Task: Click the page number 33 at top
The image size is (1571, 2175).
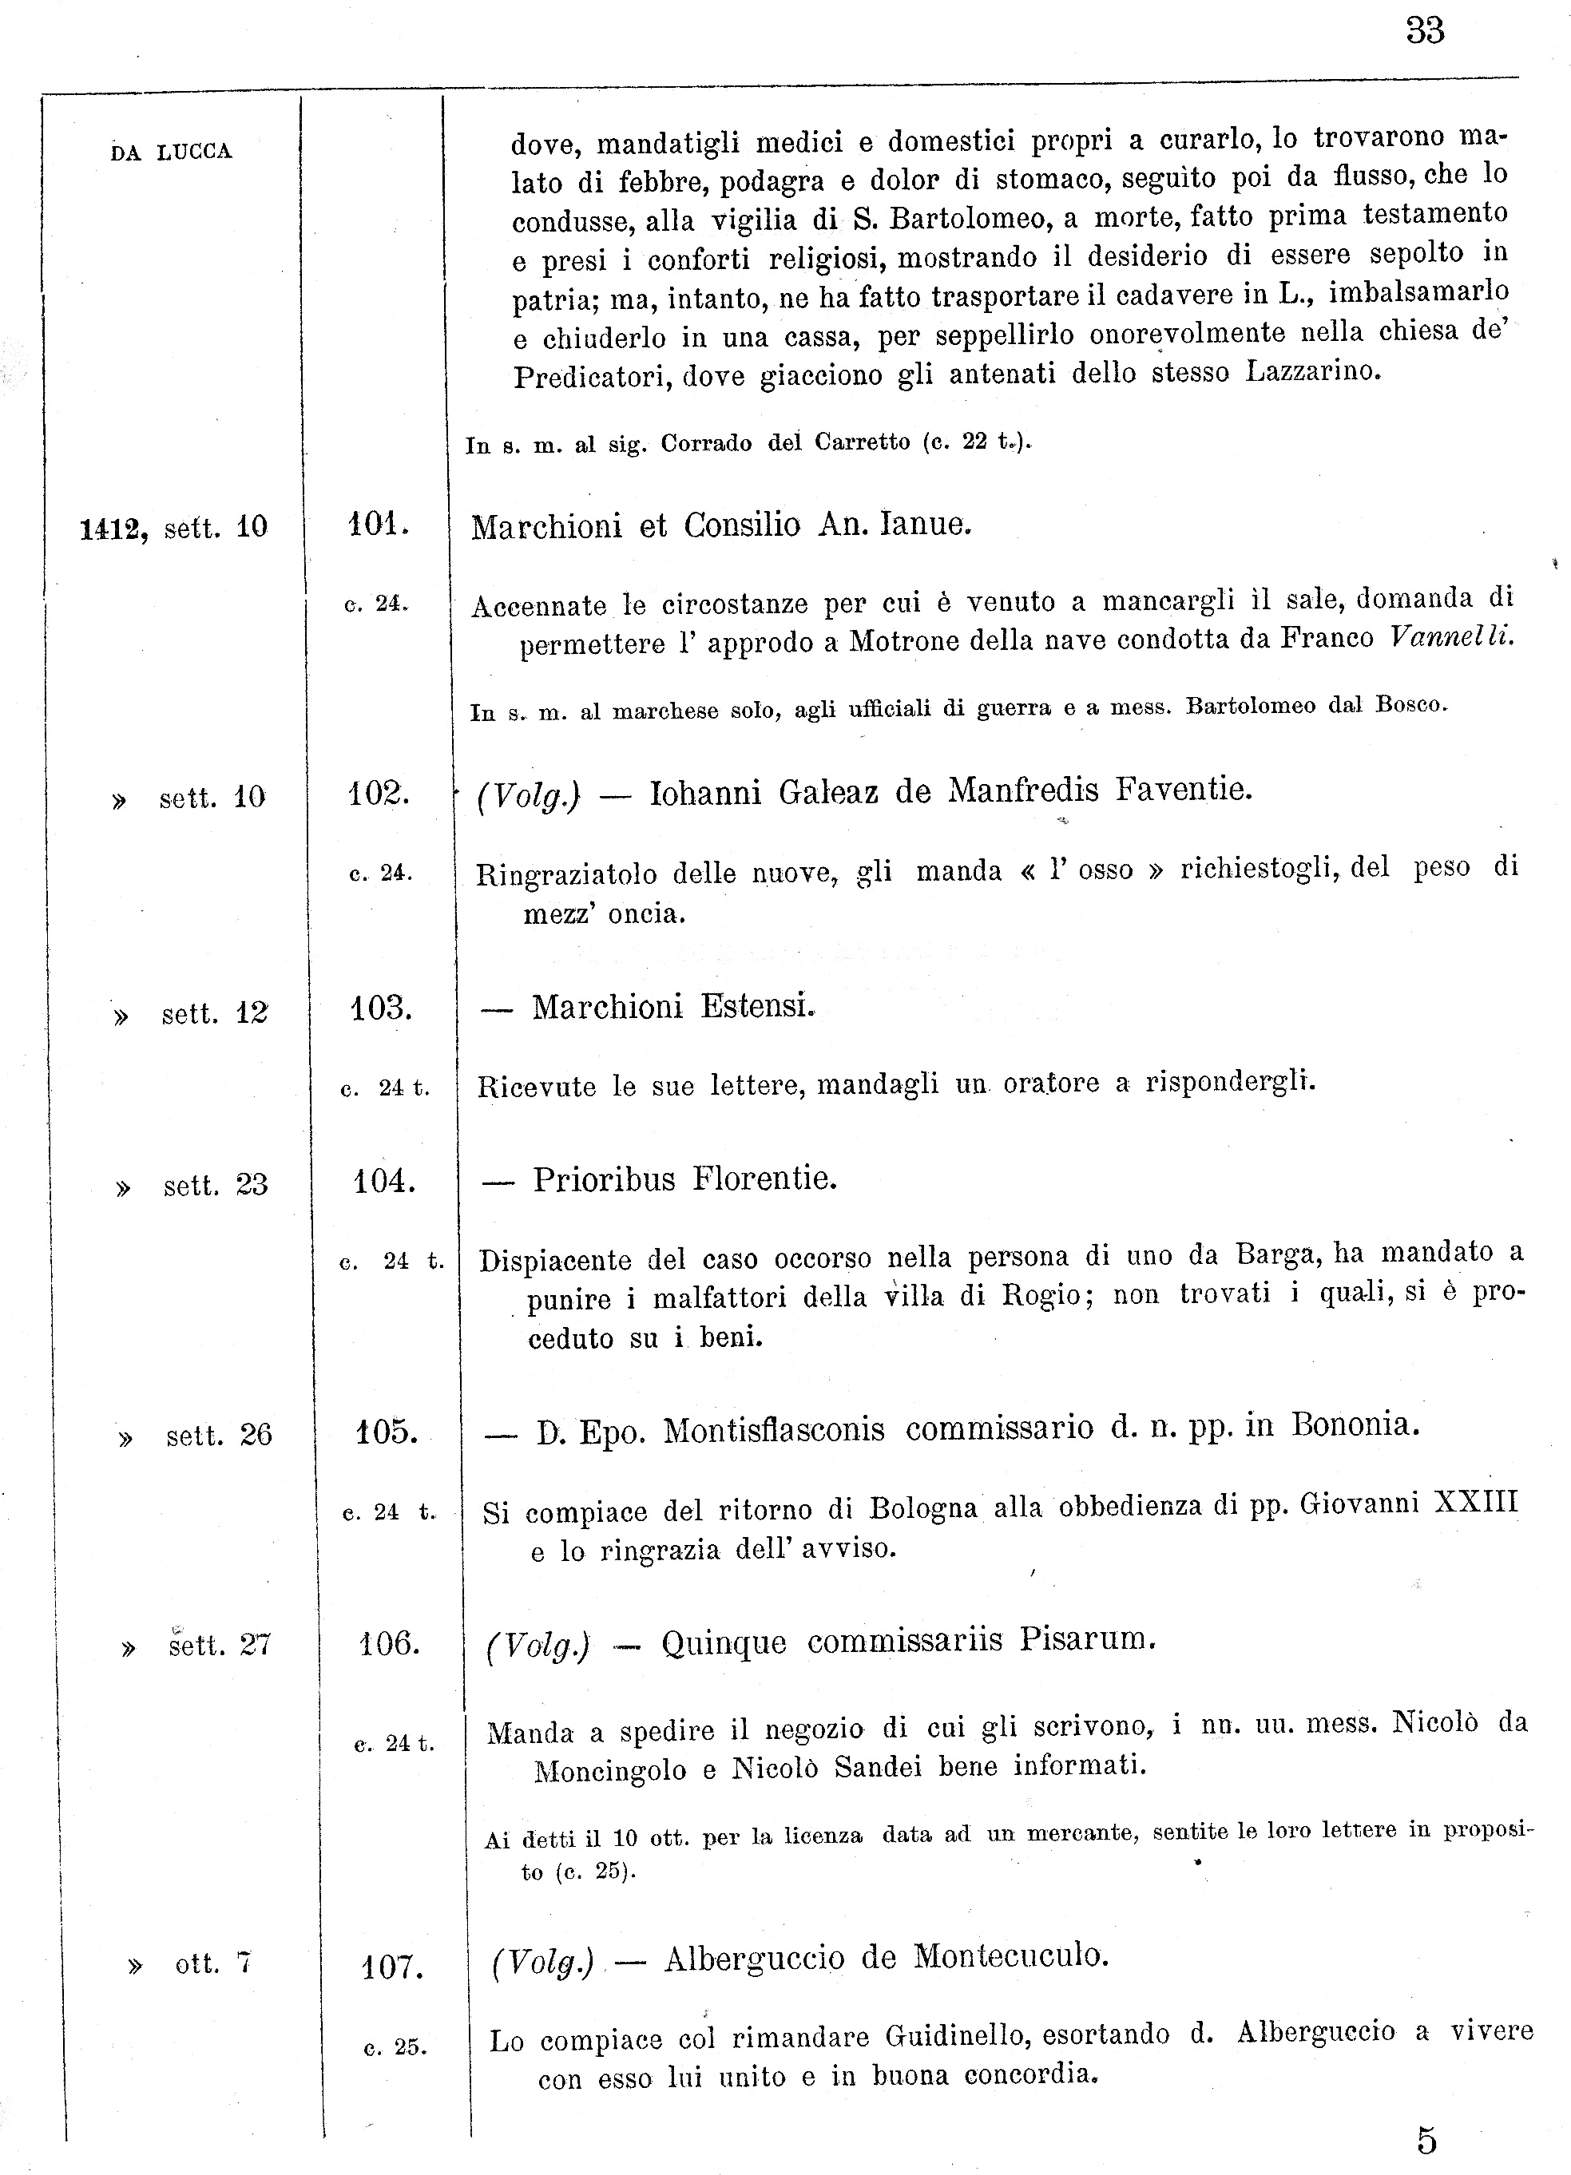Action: pyautogui.click(x=1424, y=32)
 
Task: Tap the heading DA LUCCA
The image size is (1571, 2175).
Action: pyautogui.click(x=171, y=153)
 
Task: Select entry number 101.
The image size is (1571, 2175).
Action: pyautogui.click(x=379, y=525)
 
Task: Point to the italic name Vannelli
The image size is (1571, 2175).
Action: pyautogui.click(x=1450, y=636)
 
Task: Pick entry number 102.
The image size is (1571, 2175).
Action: pyautogui.click(x=379, y=794)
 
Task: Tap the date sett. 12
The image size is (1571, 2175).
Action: pyautogui.click(x=214, y=1014)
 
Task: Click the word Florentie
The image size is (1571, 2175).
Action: pyautogui.click(x=764, y=1178)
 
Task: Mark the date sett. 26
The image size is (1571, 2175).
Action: pyautogui.click(x=219, y=1436)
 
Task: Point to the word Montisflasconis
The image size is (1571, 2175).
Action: pyautogui.click(x=774, y=1430)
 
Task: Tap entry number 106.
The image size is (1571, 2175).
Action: pyautogui.click(x=390, y=1645)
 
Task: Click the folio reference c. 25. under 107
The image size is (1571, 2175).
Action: pyautogui.click(x=395, y=2047)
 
